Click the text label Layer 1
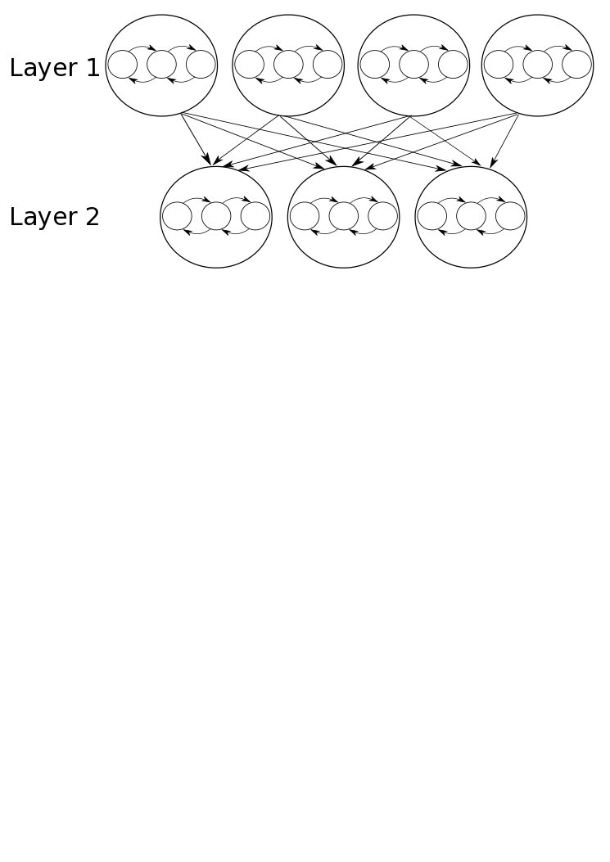(x=54, y=68)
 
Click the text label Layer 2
(x=54, y=217)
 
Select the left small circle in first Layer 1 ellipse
(x=122, y=65)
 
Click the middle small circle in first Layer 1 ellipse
(x=161, y=65)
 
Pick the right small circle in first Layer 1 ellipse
(x=201, y=65)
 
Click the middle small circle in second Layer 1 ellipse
(x=288, y=65)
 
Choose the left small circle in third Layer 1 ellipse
(x=374, y=65)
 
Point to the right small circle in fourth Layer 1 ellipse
(x=576, y=65)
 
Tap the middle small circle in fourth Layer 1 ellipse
(x=537, y=65)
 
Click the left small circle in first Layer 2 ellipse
(x=177, y=216)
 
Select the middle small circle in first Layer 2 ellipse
(x=216, y=216)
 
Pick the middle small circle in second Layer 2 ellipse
(x=343, y=216)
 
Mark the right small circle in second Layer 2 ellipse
(x=382, y=216)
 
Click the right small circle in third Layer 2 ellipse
(x=510, y=216)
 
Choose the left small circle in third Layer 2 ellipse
(x=432, y=216)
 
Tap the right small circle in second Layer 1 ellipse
(x=328, y=65)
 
